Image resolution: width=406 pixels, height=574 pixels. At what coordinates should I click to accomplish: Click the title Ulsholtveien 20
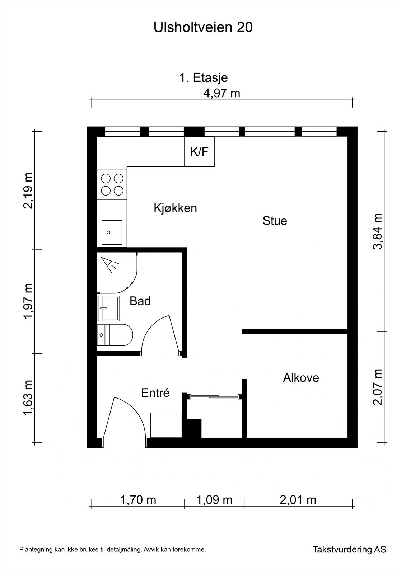(203, 28)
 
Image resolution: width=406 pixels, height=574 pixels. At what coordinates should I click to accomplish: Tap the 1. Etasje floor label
(204, 77)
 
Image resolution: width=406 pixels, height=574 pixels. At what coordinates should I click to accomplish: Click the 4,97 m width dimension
(221, 93)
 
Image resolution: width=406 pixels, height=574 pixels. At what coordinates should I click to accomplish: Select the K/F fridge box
(200, 151)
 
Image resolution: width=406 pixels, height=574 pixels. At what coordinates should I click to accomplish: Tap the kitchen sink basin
(112, 232)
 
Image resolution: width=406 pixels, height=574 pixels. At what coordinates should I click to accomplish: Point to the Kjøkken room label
(175, 208)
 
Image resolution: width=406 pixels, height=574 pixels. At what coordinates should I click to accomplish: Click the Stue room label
(275, 221)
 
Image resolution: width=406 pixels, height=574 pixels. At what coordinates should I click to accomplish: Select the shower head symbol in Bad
(110, 265)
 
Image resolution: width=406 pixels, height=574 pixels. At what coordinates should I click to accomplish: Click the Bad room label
(140, 301)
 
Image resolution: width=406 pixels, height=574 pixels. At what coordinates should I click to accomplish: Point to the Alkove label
(301, 378)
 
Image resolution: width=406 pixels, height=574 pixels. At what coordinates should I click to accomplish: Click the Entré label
(155, 393)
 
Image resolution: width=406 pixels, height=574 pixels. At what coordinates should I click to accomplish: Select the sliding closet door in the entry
(215, 396)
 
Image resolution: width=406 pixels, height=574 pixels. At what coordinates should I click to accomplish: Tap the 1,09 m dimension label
(214, 500)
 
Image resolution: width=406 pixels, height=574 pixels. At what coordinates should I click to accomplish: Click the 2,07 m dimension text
(378, 387)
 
